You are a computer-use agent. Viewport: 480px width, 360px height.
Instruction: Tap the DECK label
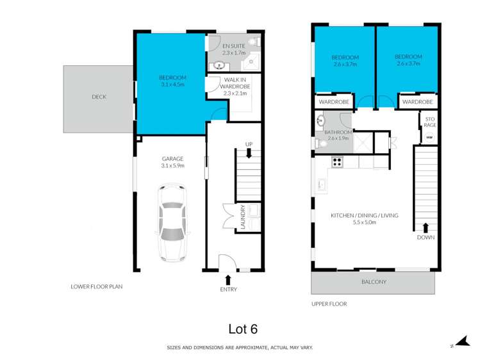pos(99,97)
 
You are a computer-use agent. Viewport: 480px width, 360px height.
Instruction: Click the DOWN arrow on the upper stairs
pos(426,227)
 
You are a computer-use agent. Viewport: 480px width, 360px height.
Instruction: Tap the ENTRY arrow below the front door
pos(228,279)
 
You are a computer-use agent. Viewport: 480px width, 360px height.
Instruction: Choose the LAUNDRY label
pos(243,216)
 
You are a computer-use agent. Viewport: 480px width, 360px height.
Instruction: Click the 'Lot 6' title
pos(243,329)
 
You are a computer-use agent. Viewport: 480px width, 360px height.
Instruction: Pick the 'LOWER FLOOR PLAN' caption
pos(96,286)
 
